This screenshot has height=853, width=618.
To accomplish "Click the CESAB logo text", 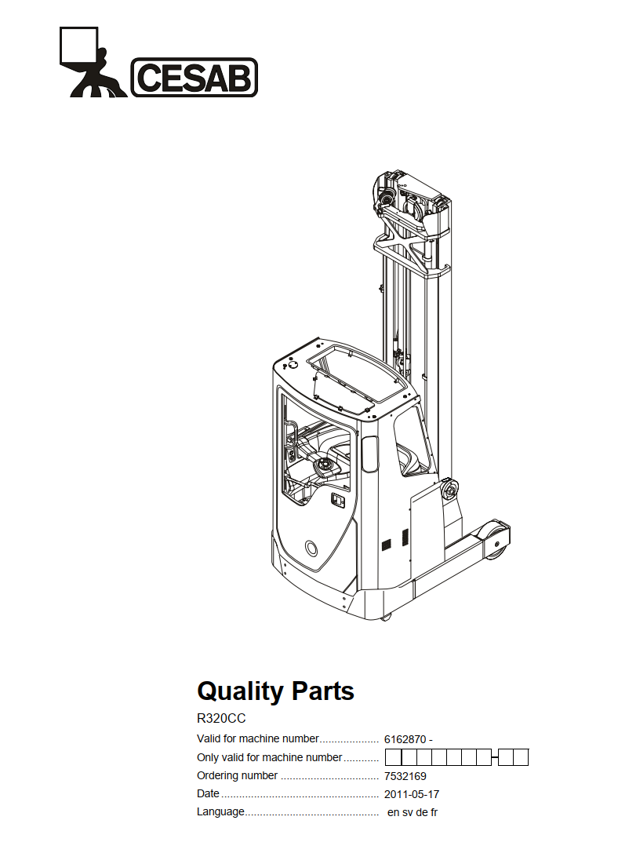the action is (194, 77).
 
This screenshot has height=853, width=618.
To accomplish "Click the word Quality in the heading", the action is (240, 692).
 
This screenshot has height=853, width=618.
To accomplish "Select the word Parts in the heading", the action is (323, 691).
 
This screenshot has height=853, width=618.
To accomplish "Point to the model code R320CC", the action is (221, 719).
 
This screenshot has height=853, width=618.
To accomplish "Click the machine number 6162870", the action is (405, 739).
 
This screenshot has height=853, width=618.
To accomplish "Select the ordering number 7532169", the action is (405, 776).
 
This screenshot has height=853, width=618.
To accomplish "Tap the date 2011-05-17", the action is (412, 794).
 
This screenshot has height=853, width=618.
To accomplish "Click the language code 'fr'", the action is (434, 812).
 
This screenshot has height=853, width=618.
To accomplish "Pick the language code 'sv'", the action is (406, 813).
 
